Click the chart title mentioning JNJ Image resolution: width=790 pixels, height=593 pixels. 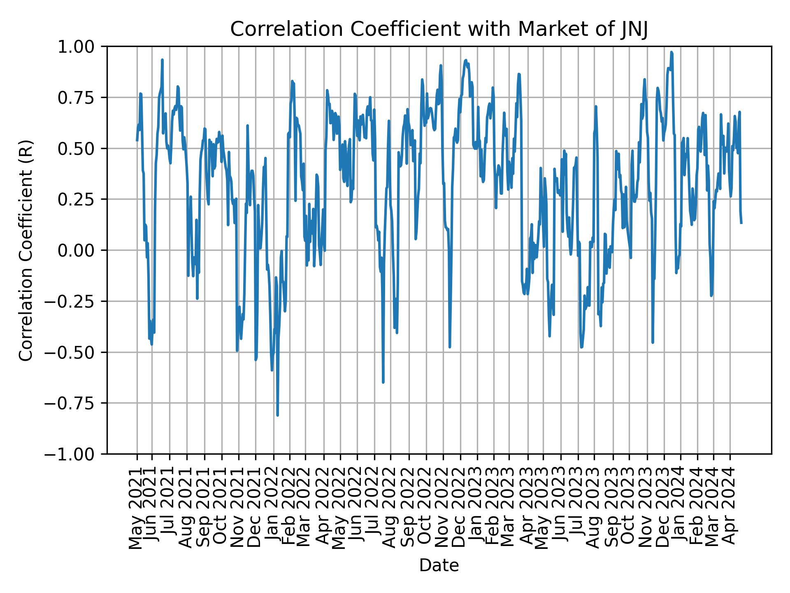pos(439,30)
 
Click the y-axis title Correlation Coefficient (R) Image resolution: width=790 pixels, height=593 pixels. pos(26,250)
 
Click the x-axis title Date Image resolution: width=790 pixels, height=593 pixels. pos(439,565)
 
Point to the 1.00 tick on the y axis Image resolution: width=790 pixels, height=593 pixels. pos(81,47)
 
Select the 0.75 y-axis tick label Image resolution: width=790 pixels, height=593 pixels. pos(81,98)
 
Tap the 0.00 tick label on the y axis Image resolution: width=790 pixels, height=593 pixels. pos(81,250)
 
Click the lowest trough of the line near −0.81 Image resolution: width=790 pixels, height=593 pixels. pos(277,415)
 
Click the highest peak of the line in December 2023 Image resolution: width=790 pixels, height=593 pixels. pos(671,52)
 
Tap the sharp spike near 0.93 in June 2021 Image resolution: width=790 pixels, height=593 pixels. pos(162,60)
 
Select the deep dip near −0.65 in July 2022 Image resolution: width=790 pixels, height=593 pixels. pos(383,382)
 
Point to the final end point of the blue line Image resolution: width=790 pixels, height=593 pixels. pos(741,223)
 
